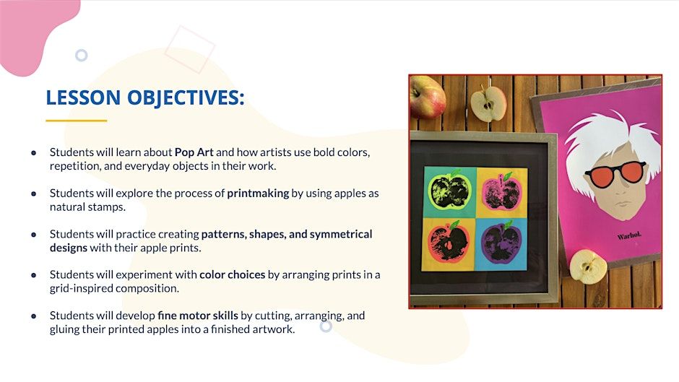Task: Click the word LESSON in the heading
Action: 83,97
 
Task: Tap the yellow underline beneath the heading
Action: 77,121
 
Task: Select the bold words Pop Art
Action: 194,152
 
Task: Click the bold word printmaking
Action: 258,193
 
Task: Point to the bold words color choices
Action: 232,274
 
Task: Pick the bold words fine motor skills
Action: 197,316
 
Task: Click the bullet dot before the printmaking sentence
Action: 34,194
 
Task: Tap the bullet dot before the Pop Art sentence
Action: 34,153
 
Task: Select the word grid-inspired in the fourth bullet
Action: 82,288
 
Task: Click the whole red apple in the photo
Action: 427,96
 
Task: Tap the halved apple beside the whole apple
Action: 488,103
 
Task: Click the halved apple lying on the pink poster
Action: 588,266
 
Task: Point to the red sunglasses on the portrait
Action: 615,173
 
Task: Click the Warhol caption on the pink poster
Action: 629,235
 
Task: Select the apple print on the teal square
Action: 449,190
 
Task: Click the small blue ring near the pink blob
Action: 82,56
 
